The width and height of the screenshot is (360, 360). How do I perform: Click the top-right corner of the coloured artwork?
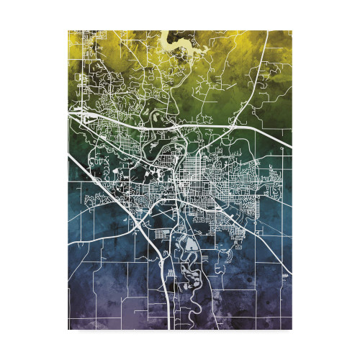tap(291, 31)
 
